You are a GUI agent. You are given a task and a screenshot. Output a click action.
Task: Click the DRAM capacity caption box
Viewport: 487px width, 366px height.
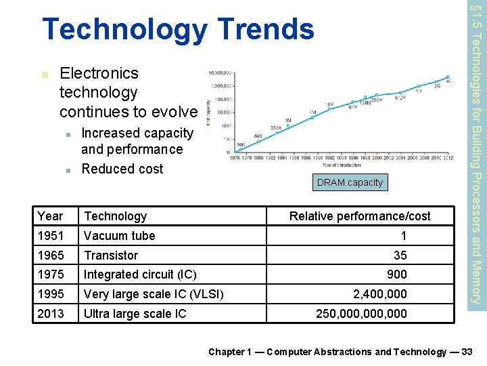click(x=349, y=182)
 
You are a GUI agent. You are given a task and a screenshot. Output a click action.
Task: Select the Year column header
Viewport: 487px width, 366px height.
click(x=50, y=216)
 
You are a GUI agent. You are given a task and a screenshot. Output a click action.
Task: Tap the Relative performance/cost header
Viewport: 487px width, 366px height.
click(x=360, y=216)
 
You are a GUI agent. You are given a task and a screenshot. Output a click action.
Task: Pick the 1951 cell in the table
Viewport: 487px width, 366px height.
click(x=50, y=236)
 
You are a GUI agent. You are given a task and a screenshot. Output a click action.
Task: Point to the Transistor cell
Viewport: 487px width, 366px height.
click(x=110, y=256)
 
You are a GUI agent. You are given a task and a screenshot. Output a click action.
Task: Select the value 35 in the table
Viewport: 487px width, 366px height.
click(x=400, y=256)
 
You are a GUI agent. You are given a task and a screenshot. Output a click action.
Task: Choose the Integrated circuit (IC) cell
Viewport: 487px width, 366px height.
click(x=139, y=274)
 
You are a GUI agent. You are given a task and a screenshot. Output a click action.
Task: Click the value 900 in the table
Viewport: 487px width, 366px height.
click(x=396, y=274)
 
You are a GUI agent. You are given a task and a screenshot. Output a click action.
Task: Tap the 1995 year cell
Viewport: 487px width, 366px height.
click(x=50, y=294)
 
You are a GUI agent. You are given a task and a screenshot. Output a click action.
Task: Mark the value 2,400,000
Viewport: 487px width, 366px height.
click(x=380, y=294)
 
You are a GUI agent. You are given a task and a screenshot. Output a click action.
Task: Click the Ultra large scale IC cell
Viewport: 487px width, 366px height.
click(x=135, y=314)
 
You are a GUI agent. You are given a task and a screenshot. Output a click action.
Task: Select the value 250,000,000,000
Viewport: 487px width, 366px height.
click(x=362, y=314)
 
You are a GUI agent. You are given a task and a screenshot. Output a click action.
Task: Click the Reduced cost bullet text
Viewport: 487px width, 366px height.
click(x=122, y=169)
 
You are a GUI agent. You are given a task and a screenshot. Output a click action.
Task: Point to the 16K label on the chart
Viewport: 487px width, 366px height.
click(x=241, y=145)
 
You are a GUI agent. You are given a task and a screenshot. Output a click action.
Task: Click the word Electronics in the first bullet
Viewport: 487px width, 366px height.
click(x=99, y=73)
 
